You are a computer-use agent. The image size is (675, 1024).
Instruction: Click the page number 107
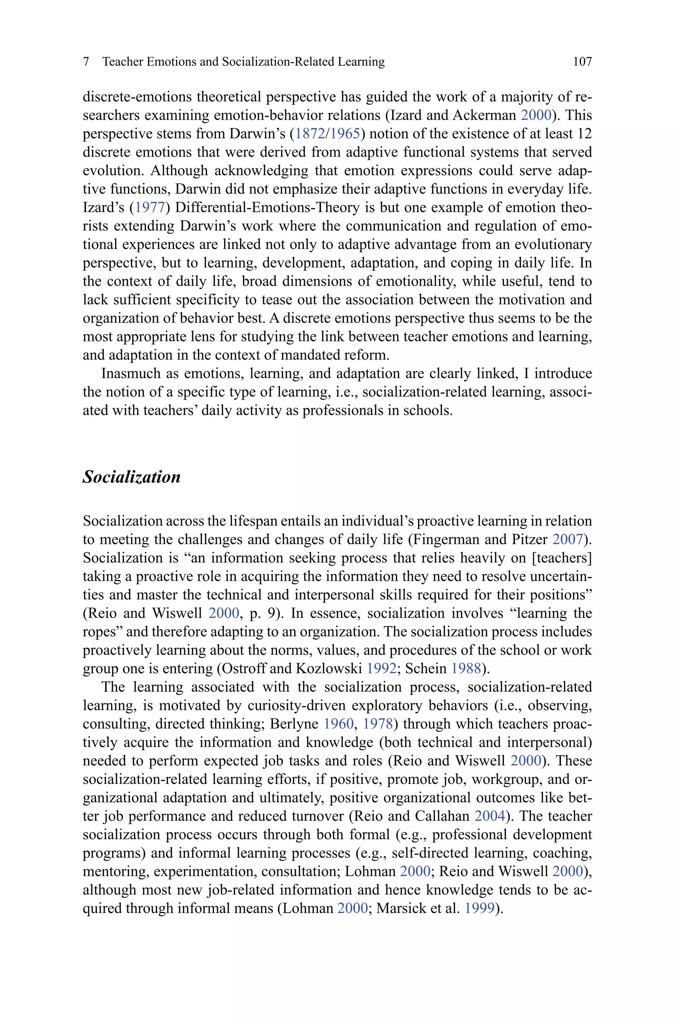[x=582, y=62]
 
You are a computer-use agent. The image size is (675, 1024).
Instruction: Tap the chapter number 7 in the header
[x=86, y=62]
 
